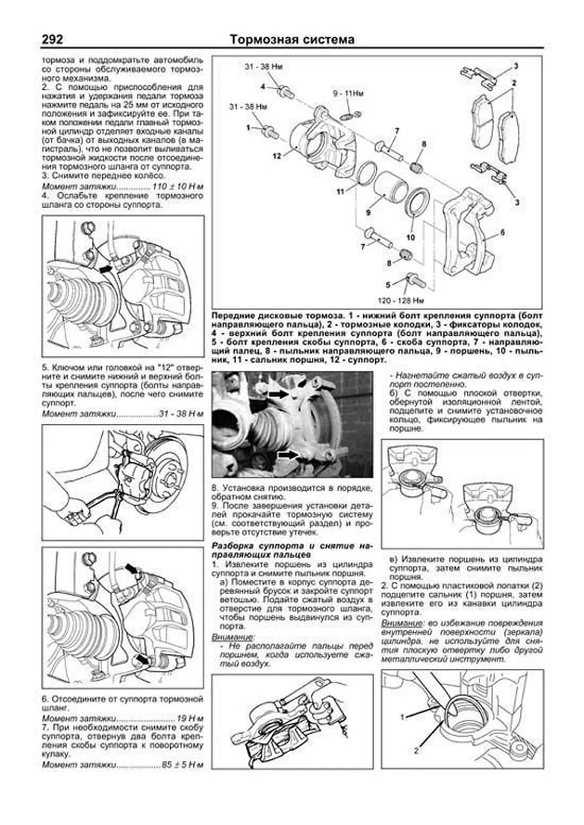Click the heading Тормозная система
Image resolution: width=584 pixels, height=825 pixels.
coord(292,39)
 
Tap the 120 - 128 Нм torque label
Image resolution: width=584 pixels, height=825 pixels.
coord(401,300)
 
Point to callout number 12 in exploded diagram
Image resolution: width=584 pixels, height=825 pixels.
coord(276,157)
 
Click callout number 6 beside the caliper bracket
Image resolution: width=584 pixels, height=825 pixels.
coord(502,233)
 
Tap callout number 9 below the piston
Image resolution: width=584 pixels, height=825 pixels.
coord(368,212)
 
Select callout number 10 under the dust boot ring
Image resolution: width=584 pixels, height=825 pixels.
coord(410,237)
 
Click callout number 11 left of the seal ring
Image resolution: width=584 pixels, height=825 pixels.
coord(340,192)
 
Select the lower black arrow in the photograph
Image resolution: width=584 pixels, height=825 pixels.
coord(288,455)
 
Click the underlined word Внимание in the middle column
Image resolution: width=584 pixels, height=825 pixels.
coord(233,637)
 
